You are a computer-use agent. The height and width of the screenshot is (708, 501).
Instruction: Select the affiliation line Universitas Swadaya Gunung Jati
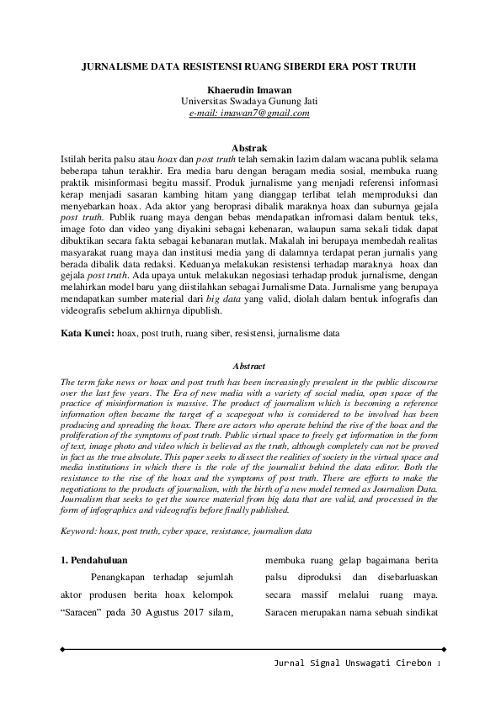tap(249, 101)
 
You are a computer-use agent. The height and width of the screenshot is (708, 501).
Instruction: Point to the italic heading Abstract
tap(249, 367)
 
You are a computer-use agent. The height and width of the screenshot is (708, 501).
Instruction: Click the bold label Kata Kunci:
tap(88, 334)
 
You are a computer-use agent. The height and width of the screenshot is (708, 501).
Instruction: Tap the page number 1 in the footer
tap(439, 664)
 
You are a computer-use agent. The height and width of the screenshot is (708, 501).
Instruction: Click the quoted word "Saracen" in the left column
tap(85, 613)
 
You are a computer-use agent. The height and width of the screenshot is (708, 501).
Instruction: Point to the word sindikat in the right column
tap(420, 613)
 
